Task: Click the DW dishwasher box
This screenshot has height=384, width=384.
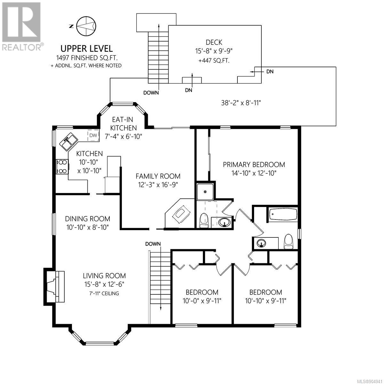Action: pyautogui.click(x=93, y=135)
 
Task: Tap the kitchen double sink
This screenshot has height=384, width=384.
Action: pyautogui.click(x=68, y=142)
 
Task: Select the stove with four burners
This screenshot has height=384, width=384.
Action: pyautogui.click(x=62, y=167)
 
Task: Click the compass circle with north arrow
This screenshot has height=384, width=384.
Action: pyautogui.click(x=86, y=26)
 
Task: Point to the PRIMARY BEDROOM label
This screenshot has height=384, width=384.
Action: pyautogui.click(x=254, y=165)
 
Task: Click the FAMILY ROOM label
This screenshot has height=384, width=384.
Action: pyautogui.click(x=158, y=176)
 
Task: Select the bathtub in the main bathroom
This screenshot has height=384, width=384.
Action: pyautogui.click(x=283, y=214)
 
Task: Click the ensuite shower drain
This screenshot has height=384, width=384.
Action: pyautogui.click(x=205, y=192)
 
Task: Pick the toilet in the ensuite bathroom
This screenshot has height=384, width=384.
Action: pyautogui.click(x=204, y=220)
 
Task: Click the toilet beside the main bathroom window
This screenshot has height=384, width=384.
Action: pyautogui.click(x=289, y=241)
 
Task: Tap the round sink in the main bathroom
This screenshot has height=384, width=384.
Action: pyautogui.click(x=261, y=243)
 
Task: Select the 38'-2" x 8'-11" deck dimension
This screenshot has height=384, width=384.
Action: pyautogui.click(x=241, y=103)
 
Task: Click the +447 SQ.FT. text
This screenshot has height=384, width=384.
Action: pyautogui.click(x=214, y=61)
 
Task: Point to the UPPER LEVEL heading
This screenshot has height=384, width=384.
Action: pyautogui.click(x=86, y=49)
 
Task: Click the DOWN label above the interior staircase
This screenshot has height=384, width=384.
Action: pyautogui.click(x=153, y=244)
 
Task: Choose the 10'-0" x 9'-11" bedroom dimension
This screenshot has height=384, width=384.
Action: pyautogui.click(x=202, y=301)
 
